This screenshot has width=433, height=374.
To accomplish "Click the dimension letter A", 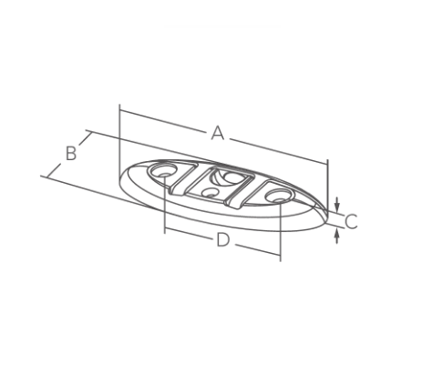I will click(x=217, y=134).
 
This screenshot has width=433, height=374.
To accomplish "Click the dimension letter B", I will click(x=71, y=153).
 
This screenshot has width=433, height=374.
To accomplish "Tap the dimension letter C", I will click(x=351, y=220).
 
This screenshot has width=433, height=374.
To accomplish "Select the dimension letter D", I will click(x=222, y=240).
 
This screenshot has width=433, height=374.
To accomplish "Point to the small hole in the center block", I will click(x=211, y=192).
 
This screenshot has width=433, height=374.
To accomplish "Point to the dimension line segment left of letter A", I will click(x=164, y=122).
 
